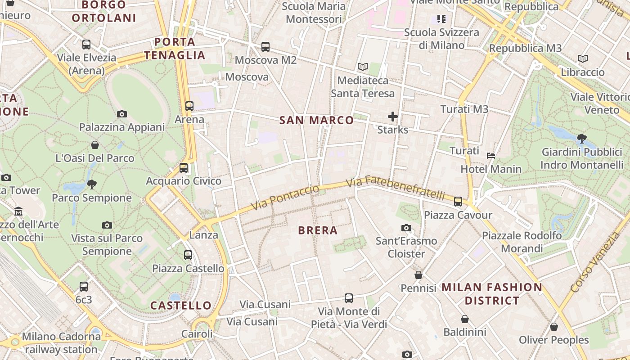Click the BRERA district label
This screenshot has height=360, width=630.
[x=318, y=230]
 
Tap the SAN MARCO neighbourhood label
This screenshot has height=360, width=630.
[x=316, y=120]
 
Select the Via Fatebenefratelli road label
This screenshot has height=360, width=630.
[x=396, y=188]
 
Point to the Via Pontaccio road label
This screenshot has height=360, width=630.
[x=285, y=198]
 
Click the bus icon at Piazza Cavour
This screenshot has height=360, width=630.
[x=458, y=201]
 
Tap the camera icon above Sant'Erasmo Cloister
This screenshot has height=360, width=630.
[x=406, y=228]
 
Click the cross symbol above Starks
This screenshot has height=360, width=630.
[x=393, y=117]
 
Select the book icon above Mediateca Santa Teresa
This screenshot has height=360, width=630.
[x=363, y=67]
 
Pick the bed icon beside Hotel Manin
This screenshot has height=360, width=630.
[x=491, y=156]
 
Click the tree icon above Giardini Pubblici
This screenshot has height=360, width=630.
[x=581, y=138]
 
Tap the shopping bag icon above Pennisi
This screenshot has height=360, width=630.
[x=418, y=274]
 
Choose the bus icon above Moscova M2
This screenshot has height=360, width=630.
[x=265, y=46]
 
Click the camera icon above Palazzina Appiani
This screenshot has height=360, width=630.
[x=122, y=114]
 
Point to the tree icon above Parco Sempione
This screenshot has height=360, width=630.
[x=92, y=184]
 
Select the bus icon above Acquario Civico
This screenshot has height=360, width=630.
[x=184, y=168]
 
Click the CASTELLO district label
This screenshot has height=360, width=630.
[x=181, y=306]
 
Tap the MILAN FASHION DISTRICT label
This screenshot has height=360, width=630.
[x=492, y=294]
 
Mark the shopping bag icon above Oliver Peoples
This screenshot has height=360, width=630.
[x=554, y=327]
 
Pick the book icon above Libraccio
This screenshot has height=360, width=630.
[x=583, y=59]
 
